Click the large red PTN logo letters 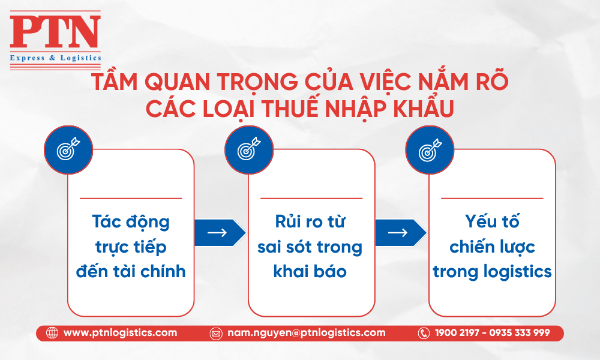(x=55, y=32)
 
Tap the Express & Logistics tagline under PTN (x=55, y=58)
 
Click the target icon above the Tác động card (x=68, y=150)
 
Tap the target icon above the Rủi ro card (x=249, y=150)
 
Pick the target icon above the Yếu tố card (x=430, y=150)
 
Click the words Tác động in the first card (x=131, y=222)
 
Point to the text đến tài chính (x=131, y=271)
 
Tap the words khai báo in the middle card (x=310, y=271)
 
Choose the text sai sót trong (x=310, y=248)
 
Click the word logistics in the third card (x=518, y=272)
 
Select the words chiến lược (x=492, y=247)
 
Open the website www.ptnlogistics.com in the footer (x=120, y=333)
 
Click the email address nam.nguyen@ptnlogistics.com (x=307, y=333)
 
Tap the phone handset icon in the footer (x=424, y=333)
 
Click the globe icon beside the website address (x=52, y=333)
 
